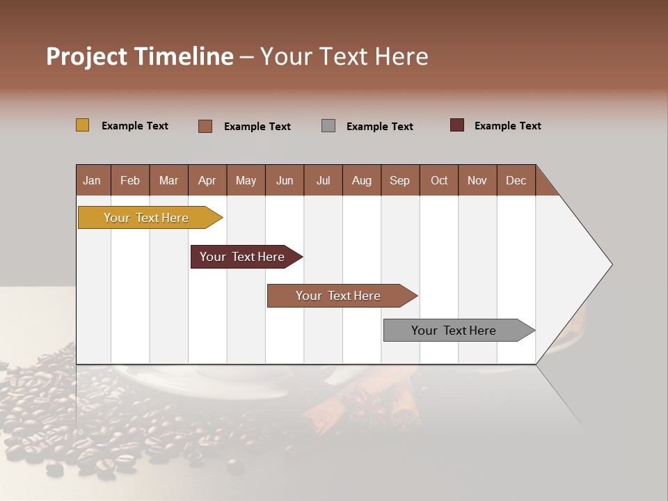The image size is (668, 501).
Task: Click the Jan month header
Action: click(92, 180)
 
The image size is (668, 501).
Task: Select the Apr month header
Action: click(207, 180)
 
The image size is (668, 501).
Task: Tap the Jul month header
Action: click(323, 180)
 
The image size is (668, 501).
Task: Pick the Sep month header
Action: click(399, 180)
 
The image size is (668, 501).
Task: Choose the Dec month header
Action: click(516, 180)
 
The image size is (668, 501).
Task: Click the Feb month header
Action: click(130, 180)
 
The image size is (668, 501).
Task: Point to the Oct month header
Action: click(439, 180)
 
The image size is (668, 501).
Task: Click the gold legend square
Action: click(83, 125)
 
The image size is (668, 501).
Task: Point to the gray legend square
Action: click(328, 125)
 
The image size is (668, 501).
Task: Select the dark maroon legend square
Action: click(457, 125)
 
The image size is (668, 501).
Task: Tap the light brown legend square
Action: click(205, 126)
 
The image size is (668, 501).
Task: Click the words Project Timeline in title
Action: click(139, 56)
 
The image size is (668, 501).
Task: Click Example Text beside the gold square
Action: click(135, 126)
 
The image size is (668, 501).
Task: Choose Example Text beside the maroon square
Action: click(508, 126)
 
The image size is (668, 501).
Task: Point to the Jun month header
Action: click(285, 180)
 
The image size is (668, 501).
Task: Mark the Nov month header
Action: click(477, 180)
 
